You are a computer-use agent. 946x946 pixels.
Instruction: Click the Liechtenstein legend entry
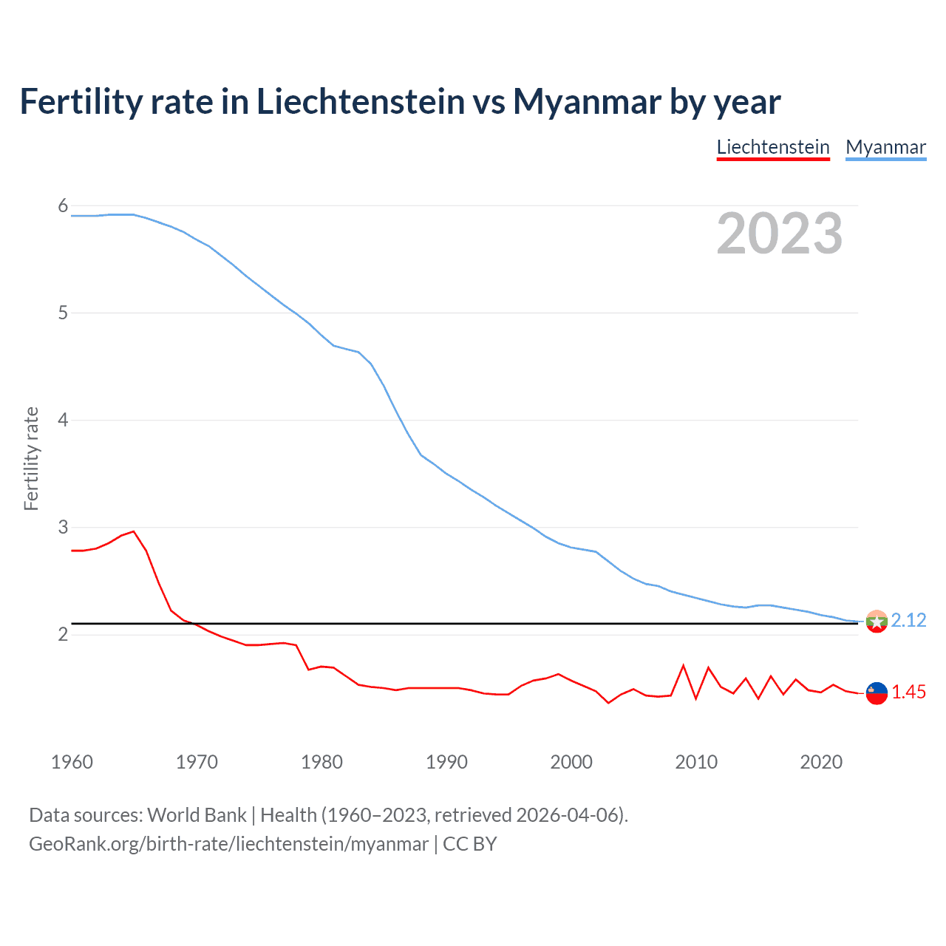pos(773,147)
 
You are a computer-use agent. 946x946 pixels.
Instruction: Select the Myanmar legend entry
pos(885,147)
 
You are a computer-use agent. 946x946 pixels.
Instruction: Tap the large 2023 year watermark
pos(779,234)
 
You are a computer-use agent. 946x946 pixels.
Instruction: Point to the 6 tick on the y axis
pos(63,206)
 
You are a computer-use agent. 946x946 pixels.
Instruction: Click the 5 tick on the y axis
pos(63,313)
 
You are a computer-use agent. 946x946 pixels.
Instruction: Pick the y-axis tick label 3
pos(63,528)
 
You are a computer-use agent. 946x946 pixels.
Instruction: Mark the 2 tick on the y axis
pos(63,635)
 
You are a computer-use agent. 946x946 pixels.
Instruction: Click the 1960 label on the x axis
pos(72,762)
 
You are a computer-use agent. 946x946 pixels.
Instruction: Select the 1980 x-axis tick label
pos(321,762)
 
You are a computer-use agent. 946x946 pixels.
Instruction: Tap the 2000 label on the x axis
pos(571,762)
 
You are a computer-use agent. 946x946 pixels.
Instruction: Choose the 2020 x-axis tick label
pos(821,762)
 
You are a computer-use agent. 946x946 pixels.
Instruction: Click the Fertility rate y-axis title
pos(31,458)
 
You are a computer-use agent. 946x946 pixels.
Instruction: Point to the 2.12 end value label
pos(908,620)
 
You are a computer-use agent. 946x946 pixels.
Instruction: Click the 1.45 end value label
pos(908,693)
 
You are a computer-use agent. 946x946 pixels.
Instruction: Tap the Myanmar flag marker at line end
pos(877,622)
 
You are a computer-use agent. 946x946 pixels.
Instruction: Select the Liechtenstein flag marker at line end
pos(877,693)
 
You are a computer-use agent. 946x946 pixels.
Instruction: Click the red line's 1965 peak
pos(134,531)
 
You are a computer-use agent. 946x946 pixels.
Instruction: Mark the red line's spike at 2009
pos(684,666)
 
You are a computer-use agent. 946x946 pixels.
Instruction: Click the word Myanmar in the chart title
pos(588,102)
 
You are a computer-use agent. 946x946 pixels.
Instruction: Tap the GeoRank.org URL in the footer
pos(228,844)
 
